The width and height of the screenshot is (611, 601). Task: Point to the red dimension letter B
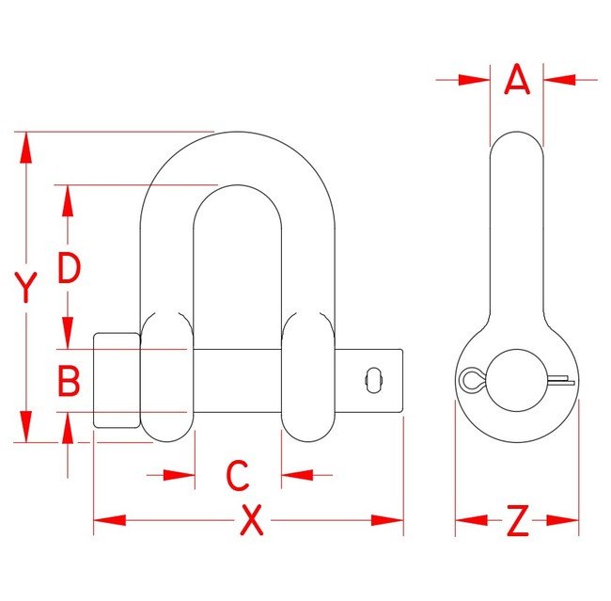coord(69,381)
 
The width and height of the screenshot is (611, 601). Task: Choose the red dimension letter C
coord(238,475)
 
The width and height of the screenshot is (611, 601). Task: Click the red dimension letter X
coord(250,520)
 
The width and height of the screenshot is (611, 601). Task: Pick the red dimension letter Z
coord(517,520)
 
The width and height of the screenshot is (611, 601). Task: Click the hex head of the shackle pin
coord(117,381)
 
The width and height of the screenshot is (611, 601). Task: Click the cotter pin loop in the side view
coord(470,379)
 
